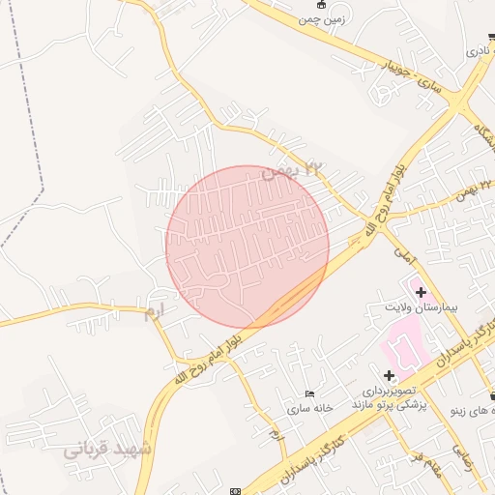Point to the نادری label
[479, 49]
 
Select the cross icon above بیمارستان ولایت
[420, 291]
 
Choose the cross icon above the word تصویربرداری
[389, 375]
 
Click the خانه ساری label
[308, 408]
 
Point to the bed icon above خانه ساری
[309, 393]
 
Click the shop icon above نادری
[492, 36]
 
